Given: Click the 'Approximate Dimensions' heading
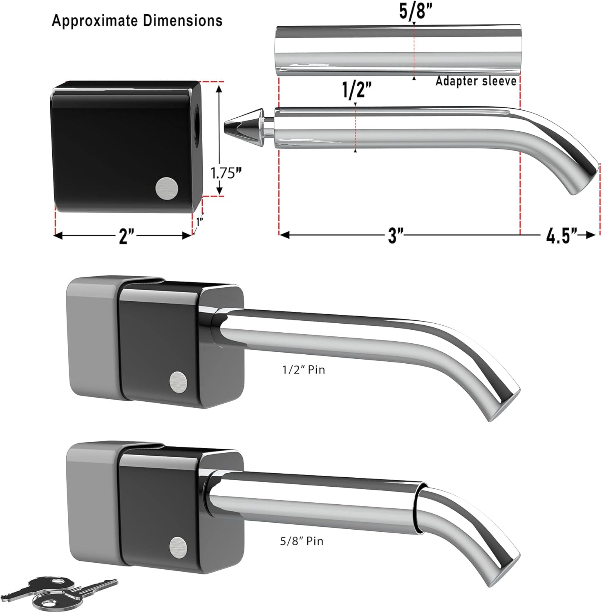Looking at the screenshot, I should (137, 20).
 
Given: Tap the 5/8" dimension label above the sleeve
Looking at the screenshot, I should (414, 12).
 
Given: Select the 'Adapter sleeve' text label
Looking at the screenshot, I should (476, 81).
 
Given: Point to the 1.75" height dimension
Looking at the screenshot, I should (224, 173).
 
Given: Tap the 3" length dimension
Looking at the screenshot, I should (395, 235).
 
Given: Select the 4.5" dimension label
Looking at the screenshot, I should (562, 236).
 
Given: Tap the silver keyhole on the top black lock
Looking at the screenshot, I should (167, 189).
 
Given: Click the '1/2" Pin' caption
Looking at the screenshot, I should (304, 370).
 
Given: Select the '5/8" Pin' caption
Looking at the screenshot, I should (302, 541).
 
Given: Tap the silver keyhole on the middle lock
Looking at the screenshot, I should (179, 382).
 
